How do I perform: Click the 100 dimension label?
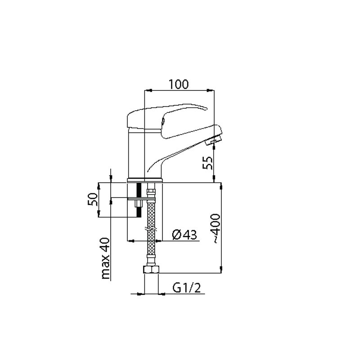pos(179,84)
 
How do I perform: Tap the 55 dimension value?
pos(208,163)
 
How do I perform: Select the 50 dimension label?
pos(93,199)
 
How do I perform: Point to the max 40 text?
pos(105,258)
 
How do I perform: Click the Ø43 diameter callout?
pos(184,234)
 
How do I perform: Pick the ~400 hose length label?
pos(216,229)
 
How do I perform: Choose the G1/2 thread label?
pos(187,288)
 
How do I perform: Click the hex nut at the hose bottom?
pos(151,270)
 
